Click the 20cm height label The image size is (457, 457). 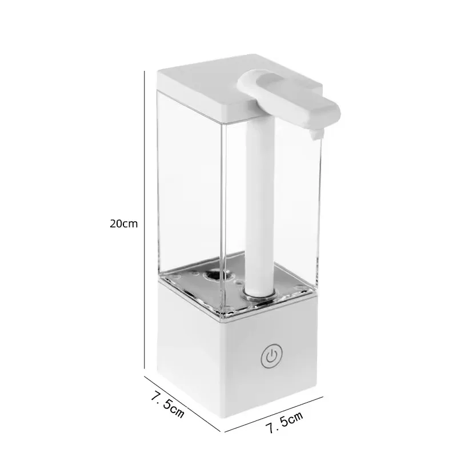pyautogui.click(x=123, y=223)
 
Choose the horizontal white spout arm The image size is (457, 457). pyautogui.click(x=286, y=97)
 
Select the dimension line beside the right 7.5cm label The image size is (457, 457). pyautogui.click(x=274, y=412)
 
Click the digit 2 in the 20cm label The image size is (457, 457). pyautogui.click(x=113, y=223)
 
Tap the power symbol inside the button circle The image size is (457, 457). pyautogui.click(x=270, y=356)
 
